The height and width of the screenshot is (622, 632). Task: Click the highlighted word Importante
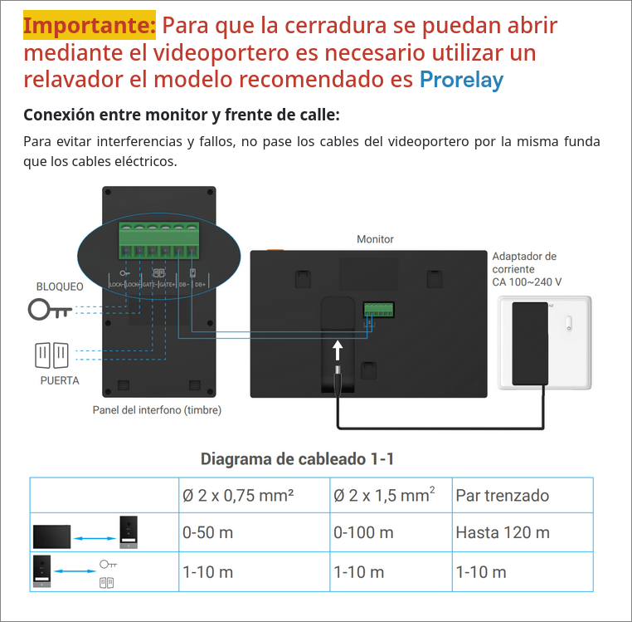point(89,27)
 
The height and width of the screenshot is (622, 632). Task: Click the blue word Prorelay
point(460,80)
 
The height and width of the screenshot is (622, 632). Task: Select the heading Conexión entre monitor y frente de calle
point(181,115)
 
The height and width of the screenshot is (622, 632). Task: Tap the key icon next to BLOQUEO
point(50,310)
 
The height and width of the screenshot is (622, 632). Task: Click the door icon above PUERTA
point(51,355)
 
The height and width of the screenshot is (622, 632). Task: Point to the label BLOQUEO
point(59,287)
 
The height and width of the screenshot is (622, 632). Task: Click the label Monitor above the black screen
point(375,239)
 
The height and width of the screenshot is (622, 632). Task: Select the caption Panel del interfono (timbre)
point(157,409)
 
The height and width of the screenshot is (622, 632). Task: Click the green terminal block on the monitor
point(378,310)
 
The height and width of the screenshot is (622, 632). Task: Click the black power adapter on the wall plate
point(530,343)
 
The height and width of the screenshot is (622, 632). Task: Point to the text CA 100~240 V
point(527,282)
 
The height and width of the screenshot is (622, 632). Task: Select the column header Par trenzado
point(502,496)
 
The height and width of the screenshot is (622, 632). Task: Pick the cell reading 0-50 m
point(207,532)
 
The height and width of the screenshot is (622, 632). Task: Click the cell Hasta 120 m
point(502,532)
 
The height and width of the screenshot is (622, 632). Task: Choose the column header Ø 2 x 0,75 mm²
point(239,496)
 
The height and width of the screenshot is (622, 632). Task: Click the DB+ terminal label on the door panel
point(200,284)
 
